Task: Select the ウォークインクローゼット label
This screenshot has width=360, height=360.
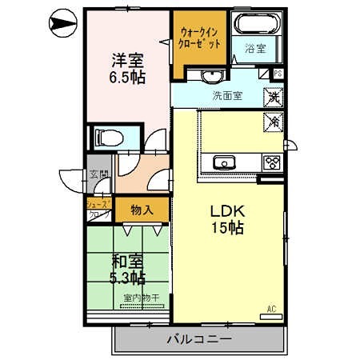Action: coord(197,40)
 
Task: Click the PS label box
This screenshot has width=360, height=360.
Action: coord(277,74)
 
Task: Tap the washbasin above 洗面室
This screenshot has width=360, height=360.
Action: coord(210,77)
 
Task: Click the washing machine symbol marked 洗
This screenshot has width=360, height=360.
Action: coord(274,98)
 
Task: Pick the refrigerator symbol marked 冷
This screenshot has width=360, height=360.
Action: coord(273,122)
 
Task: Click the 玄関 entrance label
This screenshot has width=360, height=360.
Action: coord(98,178)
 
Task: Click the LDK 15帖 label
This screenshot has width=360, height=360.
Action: coord(226,219)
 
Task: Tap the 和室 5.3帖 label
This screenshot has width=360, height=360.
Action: coord(126,270)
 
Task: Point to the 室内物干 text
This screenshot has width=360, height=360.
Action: coord(141,299)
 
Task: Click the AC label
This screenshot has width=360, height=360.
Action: coord(270,308)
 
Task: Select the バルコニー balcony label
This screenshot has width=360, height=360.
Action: coord(199,339)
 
